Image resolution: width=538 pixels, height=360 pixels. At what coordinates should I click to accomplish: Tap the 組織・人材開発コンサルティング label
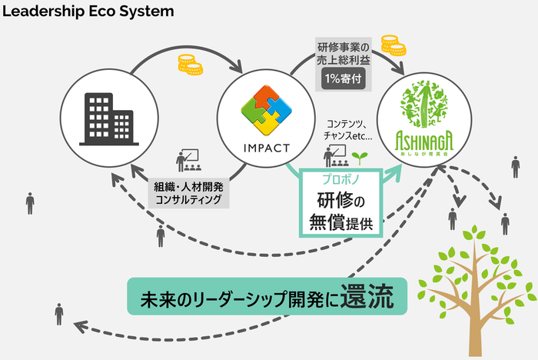point(188,192)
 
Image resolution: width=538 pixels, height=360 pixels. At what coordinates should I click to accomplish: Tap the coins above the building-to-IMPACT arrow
point(189,65)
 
